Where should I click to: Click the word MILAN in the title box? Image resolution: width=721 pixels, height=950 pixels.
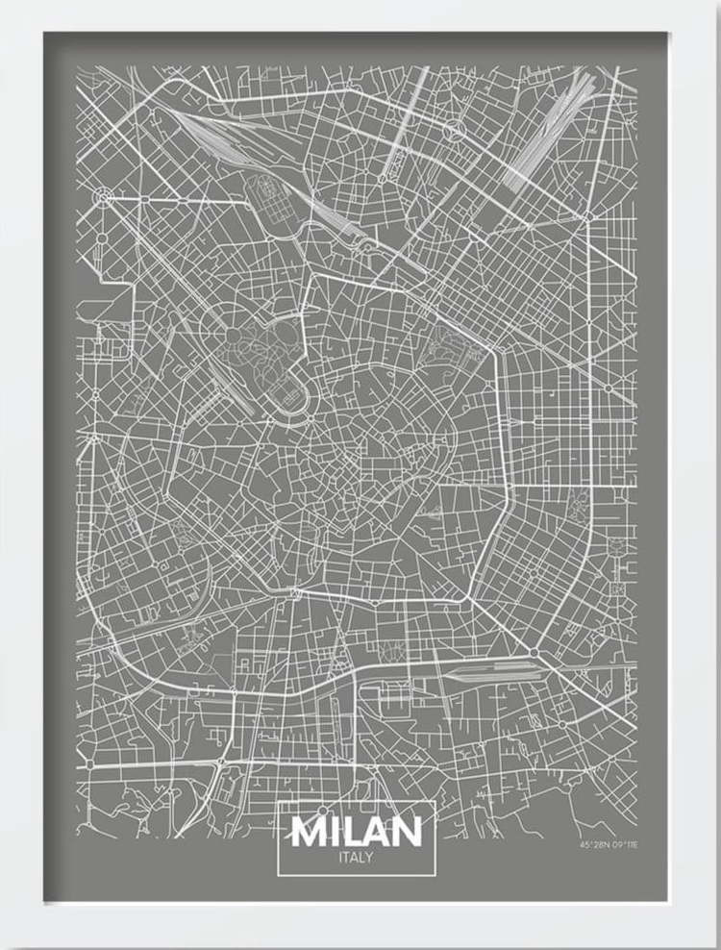357,831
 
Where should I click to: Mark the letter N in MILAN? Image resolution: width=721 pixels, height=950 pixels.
408,831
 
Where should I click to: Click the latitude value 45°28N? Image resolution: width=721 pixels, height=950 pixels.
593,843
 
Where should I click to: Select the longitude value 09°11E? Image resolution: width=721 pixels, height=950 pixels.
625,843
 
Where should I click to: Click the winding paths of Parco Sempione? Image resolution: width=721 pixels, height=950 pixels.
260,346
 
